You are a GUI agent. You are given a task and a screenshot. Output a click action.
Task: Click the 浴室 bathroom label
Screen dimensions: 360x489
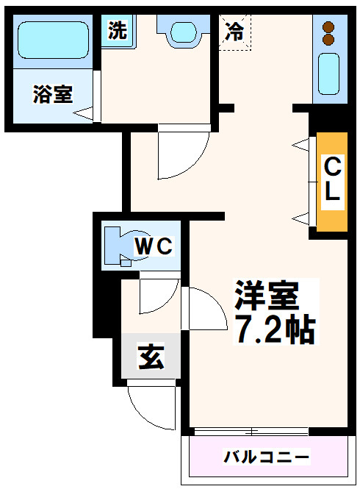click(x=53, y=94)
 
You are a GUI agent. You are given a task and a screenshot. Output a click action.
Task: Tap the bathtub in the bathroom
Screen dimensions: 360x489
click(x=54, y=40)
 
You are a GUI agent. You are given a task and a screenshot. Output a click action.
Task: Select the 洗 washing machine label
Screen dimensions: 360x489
click(x=118, y=30)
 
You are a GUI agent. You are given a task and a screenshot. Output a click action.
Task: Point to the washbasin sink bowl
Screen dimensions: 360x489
click(x=184, y=32)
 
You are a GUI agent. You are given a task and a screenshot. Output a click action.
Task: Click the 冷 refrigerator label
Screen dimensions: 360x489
click(x=234, y=32)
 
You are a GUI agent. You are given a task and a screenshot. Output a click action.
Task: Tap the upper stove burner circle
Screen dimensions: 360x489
click(x=328, y=26)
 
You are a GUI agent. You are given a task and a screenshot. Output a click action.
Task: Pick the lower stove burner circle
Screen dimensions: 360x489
click(x=328, y=40)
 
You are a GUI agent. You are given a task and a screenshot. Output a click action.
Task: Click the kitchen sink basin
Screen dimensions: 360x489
click(x=328, y=74)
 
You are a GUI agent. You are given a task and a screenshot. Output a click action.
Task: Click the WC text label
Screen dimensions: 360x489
click(x=154, y=246)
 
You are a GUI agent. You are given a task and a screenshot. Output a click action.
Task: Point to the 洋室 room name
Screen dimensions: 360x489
click(x=267, y=295)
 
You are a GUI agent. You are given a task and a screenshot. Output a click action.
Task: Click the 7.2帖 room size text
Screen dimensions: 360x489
click(x=275, y=329)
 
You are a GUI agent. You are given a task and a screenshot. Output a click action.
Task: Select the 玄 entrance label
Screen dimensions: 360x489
click(x=151, y=357)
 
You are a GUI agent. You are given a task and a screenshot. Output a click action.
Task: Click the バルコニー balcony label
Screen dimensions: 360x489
click(x=267, y=457)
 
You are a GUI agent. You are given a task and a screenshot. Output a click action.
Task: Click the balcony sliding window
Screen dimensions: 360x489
click(x=251, y=432)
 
